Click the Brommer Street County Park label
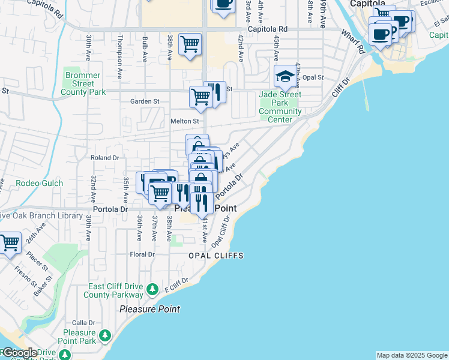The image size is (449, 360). [x=83, y=84]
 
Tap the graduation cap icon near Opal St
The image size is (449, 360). [x=285, y=76]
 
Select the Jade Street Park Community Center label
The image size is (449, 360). [x=280, y=107]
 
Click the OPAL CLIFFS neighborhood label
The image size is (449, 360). [x=216, y=256]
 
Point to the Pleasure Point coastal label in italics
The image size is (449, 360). [x=149, y=310]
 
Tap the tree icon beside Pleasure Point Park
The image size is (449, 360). [x=105, y=334]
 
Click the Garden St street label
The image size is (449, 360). [x=145, y=101]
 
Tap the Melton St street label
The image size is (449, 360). [x=185, y=121]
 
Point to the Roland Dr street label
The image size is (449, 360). [x=105, y=158]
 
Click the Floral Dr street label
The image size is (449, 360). [x=142, y=254]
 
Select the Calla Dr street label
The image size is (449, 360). [x=83, y=322]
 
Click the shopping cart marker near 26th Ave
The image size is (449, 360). [x=10, y=244]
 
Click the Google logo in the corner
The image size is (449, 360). [x=20, y=353]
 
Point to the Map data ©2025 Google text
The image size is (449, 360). [x=412, y=355]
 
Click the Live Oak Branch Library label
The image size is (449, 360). [x=41, y=216]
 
